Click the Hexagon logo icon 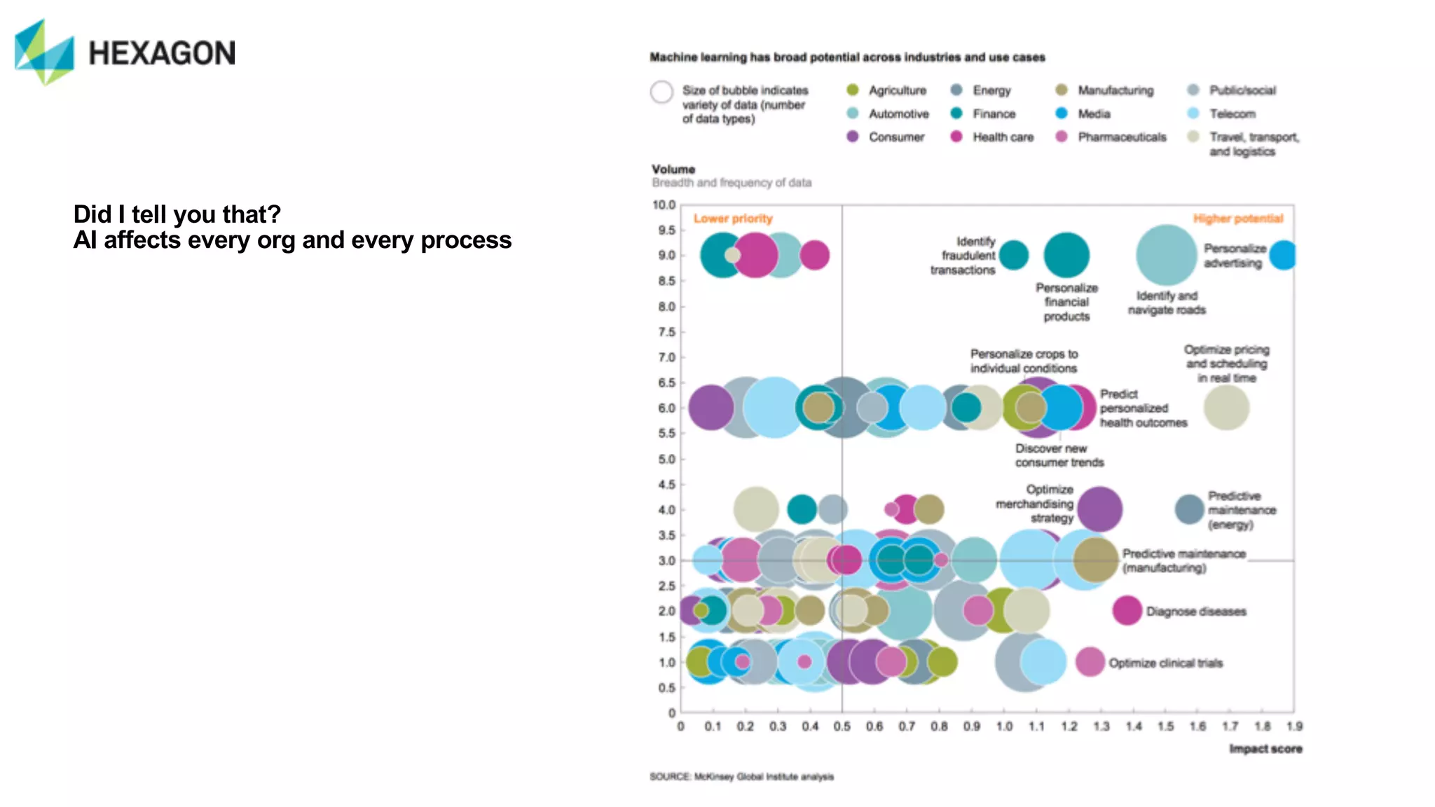click(44, 53)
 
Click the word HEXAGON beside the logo click(162, 54)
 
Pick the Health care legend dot click(956, 137)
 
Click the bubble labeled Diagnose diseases click(1127, 611)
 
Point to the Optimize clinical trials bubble click(1090, 662)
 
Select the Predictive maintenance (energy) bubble click(1189, 509)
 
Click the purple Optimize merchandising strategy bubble click(1099, 509)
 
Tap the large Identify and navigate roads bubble click(1167, 255)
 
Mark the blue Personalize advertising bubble click(1283, 255)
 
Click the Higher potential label click(1238, 219)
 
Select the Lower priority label click(733, 219)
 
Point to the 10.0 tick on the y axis click(664, 205)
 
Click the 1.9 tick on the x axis click(1294, 726)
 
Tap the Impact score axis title click(1265, 749)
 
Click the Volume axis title click(673, 170)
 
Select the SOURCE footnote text click(741, 777)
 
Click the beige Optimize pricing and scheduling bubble click(1226, 408)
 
